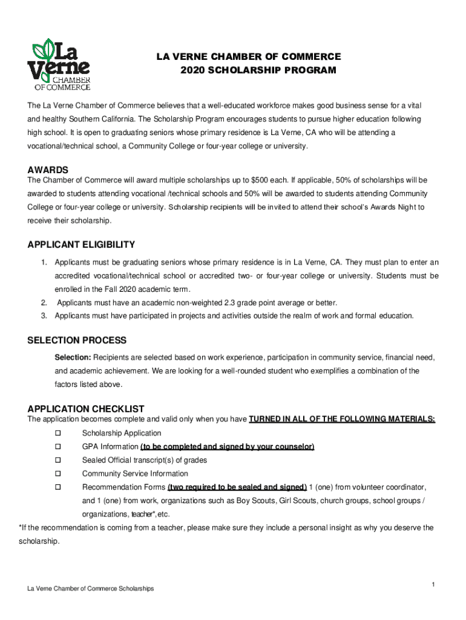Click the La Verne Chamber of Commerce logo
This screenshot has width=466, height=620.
(x=59, y=65)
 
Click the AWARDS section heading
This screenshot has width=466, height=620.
(x=48, y=170)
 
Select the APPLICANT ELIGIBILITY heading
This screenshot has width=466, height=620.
(x=81, y=245)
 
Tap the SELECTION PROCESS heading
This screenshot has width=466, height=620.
(x=77, y=340)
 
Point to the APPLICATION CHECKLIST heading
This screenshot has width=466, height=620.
(x=85, y=409)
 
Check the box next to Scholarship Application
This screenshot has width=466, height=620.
(x=59, y=434)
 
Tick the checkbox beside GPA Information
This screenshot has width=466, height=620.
(x=59, y=447)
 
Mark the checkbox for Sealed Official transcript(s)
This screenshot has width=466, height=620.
(x=59, y=460)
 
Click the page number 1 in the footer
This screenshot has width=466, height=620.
(x=434, y=584)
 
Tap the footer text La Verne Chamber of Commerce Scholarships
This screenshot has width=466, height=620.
(x=87, y=589)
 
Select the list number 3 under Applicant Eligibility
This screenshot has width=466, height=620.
(x=44, y=315)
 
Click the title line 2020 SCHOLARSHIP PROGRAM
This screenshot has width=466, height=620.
(x=258, y=70)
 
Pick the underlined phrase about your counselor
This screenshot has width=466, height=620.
(x=227, y=447)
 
